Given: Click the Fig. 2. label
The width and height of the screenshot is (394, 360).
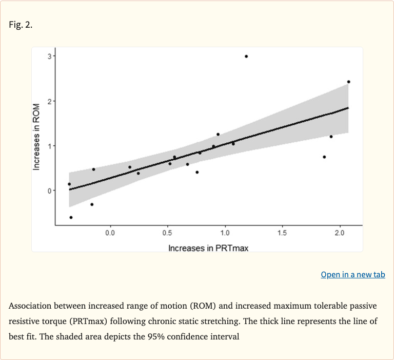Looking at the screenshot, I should click(21, 25).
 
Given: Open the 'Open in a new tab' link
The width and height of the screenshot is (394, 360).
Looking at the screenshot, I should click(352, 274).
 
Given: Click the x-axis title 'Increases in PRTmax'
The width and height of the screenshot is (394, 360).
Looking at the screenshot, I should click(208, 248).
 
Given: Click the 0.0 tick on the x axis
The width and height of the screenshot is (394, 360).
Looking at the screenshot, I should click(110, 234).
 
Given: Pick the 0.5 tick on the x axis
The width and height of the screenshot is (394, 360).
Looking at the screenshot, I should click(167, 234).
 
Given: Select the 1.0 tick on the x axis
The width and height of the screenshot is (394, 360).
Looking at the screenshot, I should click(224, 234).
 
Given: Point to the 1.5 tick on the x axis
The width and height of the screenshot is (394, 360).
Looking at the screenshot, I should click(282, 234).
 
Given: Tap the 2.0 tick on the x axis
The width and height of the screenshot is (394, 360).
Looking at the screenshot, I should click(339, 234).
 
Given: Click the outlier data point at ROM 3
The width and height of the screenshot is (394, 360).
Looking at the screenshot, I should click(246, 56).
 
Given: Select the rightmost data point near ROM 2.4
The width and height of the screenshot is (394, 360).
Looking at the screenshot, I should click(348, 82).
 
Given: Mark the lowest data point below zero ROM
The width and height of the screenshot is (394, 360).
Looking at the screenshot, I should click(71, 217).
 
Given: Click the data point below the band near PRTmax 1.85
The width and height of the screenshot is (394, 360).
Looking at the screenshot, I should click(324, 157).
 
